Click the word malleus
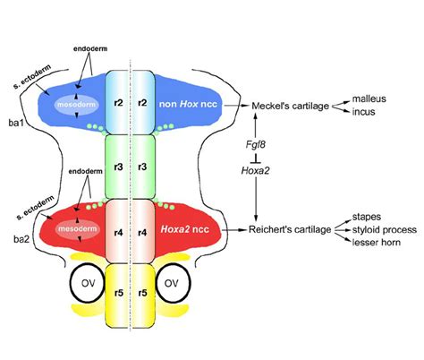[369, 96]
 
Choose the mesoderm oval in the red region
[72, 229]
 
